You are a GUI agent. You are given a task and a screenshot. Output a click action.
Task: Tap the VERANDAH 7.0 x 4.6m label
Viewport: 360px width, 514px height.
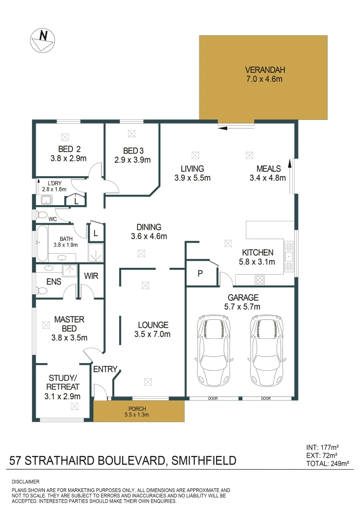(x=264, y=75)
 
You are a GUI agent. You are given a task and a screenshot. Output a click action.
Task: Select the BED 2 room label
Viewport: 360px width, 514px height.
(x=66, y=149)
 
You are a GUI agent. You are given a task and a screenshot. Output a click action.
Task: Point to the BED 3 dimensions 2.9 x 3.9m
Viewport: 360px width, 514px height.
(x=132, y=160)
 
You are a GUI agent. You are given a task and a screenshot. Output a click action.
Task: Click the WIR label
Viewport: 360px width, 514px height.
(x=91, y=276)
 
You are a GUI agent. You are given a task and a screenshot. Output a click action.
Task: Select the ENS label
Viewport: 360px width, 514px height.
(x=53, y=282)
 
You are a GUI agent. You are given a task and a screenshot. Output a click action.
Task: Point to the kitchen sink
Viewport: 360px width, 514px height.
(x=289, y=256)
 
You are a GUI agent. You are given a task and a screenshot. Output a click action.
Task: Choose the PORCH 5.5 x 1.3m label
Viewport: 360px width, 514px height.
(x=138, y=411)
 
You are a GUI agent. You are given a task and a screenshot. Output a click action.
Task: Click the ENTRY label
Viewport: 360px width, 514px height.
(x=105, y=369)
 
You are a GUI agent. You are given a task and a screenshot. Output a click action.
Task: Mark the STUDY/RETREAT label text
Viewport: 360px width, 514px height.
(x=63, y=383)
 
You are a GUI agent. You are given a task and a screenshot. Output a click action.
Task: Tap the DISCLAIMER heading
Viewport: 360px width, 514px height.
(x=25, y=482)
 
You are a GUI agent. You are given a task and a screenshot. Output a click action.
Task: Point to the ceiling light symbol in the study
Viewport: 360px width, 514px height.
(x=74, y=406)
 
